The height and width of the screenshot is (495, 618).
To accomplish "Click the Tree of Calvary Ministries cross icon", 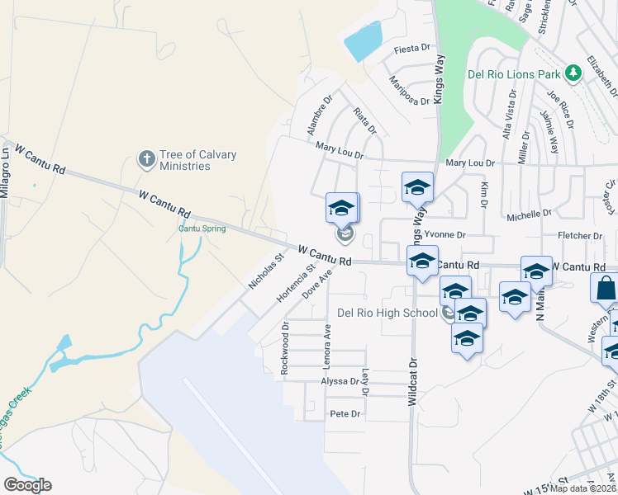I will (x=146, y=158).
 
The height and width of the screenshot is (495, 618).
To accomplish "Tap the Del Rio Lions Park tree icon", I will (x=573, y=73).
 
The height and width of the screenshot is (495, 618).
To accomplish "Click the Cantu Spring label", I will (x=202, y=229).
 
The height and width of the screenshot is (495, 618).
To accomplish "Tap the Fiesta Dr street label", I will (x=413, y=49).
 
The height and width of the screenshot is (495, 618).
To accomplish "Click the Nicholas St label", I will (x=266, y=271).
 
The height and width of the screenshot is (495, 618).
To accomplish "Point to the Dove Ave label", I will (x=317, y=282).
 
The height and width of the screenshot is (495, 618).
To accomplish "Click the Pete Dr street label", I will (x=345, y=413).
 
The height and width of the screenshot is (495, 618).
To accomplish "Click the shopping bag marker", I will (x=606, y=290).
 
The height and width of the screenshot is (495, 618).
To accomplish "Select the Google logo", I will (x=27, y=484).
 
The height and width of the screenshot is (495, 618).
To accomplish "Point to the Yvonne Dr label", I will (x=444, y=234).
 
